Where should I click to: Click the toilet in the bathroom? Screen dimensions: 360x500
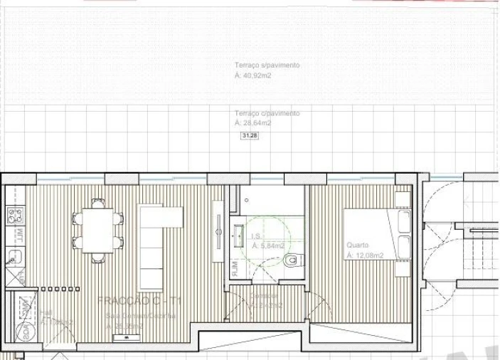click(x=291, y=261)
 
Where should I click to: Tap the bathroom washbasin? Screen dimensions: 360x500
click(x=238, y=233)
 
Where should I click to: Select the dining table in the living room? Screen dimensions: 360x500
click(x=97, y=231)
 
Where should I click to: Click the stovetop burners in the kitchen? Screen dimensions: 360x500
click(x=14, y=215)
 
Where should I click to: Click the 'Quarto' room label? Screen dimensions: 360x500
click(x=357, y=245)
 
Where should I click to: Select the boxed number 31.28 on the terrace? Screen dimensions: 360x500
click(x=250, y=135)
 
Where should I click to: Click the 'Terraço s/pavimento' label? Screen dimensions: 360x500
click(x=267, y=65)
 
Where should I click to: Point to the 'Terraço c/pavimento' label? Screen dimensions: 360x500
click(x=267, y=113)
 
